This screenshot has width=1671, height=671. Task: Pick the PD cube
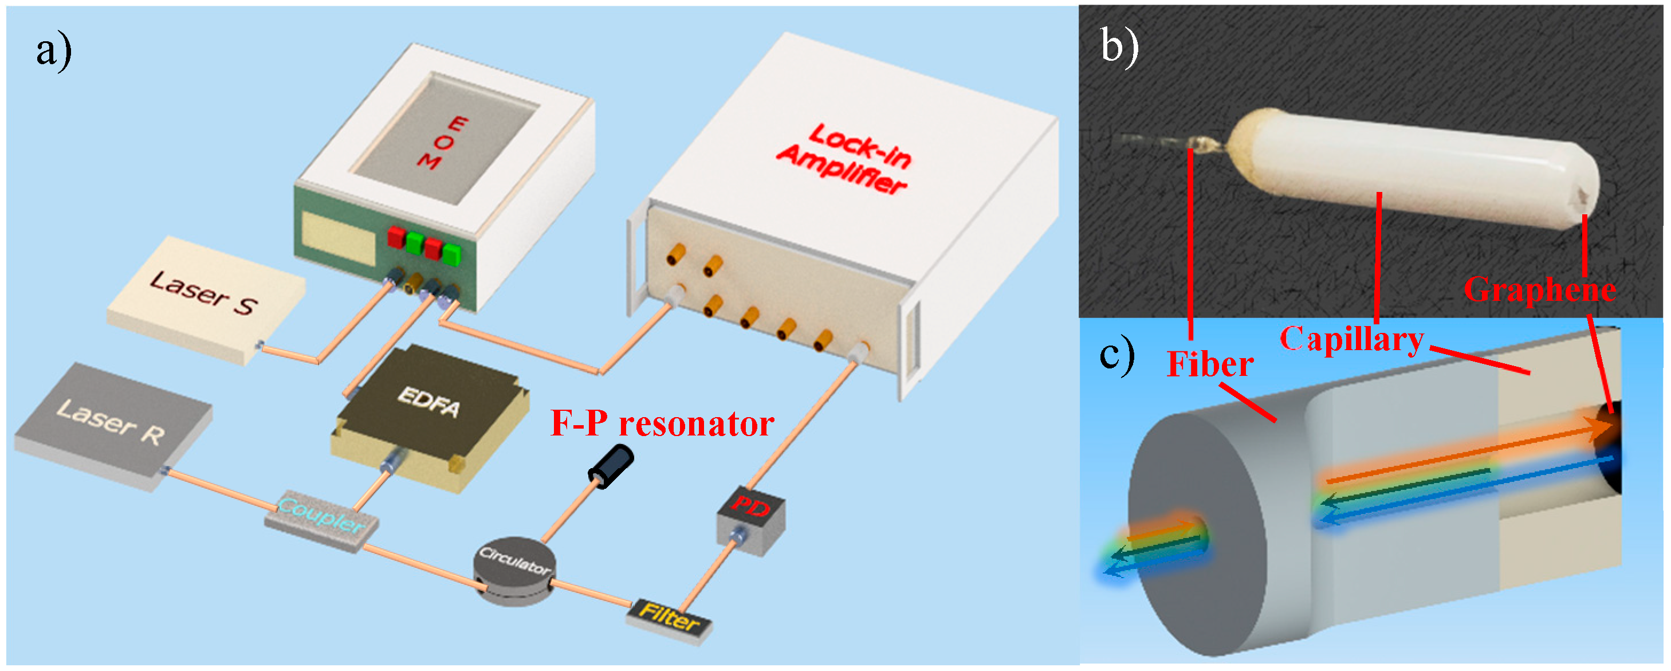click(750, 519)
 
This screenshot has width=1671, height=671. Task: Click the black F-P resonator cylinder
click(610, 466)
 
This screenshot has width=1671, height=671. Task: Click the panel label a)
click(53, 50)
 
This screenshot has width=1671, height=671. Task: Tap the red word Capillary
click(1351, 339)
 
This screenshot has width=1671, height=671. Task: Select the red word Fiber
click(1210, 364)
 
